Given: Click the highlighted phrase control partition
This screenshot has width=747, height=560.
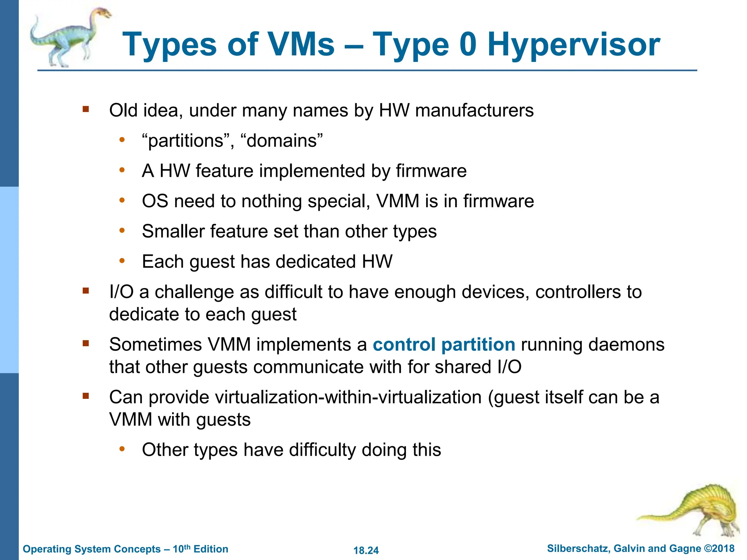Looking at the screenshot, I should pyautogui.click(x=444, y=345).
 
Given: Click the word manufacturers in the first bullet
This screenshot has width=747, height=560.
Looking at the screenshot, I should pyautogui.click(x=474, y=110).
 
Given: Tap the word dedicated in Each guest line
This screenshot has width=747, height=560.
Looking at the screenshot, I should pyautogui.click(x=315, y=262).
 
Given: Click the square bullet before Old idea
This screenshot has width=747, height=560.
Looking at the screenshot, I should pyautogui.click(x=86, y=109).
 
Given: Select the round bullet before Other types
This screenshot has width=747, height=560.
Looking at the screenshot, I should pyautogui.click(x=122, y=448).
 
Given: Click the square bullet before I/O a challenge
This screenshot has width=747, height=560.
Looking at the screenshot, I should pyautogui.click(x=86, y=291).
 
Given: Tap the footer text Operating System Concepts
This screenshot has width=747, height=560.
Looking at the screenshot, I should pyautogui.click(x=91, y=549).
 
